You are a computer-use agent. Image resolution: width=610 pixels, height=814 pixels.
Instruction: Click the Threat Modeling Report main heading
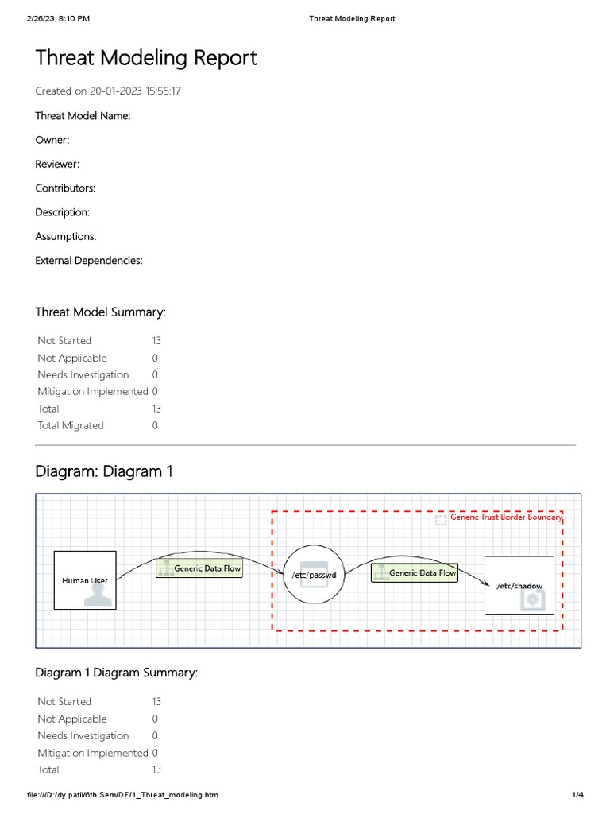tap(146, 58)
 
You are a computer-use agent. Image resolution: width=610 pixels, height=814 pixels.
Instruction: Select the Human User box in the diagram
tap(85, 580)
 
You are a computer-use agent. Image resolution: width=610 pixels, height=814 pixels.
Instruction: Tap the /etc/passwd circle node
tap(315, 575)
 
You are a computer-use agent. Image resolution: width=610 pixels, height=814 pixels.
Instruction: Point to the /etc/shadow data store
tap(519, 585)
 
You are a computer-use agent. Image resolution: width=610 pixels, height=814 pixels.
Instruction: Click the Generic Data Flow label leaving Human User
tap(199, 569)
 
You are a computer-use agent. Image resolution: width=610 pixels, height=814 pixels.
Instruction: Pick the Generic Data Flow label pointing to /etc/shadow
tap(415, 572)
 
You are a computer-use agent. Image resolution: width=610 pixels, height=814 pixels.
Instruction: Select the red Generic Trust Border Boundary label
tap(506, 517)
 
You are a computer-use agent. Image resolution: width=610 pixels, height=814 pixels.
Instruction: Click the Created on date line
tap(109, 91)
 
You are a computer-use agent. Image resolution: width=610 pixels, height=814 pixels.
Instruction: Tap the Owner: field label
tap(52, 140)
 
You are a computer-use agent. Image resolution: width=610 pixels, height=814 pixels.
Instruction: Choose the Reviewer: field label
tap(57, 164)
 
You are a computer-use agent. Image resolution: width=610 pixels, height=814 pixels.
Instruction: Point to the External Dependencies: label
tap(89, 260)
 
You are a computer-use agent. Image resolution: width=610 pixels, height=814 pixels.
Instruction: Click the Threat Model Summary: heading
tap(101, 312)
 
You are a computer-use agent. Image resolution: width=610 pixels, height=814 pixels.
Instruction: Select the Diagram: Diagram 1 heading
tap(104, 471)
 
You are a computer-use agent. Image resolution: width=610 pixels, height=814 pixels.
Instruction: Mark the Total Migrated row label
tap(71, 425)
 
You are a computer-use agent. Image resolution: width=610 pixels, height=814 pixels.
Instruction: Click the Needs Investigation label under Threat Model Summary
tap(83, 374)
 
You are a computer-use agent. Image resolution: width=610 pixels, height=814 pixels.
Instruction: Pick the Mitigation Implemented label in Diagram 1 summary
tap(93, 753)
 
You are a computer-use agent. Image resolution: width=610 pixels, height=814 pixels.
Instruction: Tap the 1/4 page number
tap(577, 795)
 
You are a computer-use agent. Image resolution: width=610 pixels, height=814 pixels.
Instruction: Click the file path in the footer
tap(122, 795)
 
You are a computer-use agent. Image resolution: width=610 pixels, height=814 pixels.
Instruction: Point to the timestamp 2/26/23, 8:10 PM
tap(58, 18)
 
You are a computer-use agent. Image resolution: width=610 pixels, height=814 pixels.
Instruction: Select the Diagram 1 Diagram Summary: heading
tap(117, 673)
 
